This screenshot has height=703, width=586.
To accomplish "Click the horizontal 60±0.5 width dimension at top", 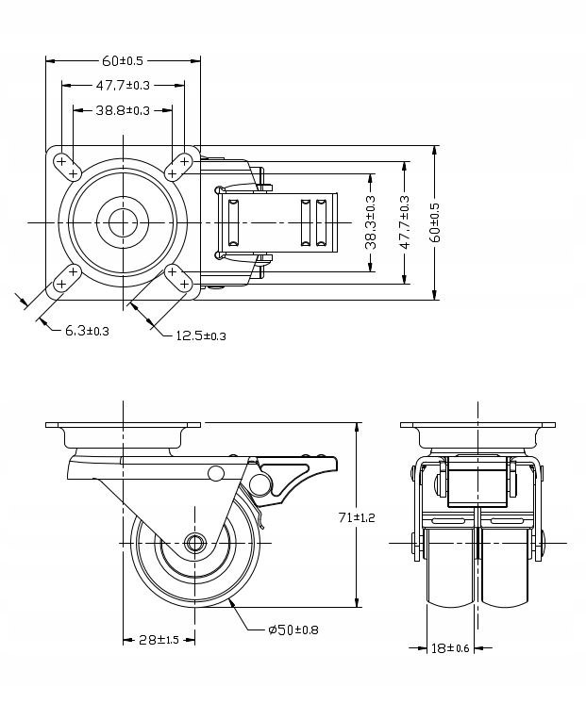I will [123, 61].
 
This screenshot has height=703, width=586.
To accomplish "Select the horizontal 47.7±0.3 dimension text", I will [123, 86].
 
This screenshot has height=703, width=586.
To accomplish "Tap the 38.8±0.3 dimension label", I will [123, 110].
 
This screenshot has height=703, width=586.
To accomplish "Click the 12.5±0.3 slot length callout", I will [200, 335].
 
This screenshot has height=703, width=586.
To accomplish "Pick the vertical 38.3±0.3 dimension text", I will [371, 222].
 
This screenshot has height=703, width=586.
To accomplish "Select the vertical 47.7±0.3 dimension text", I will [404, 222].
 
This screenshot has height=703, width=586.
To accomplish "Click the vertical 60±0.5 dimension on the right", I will [436, 222].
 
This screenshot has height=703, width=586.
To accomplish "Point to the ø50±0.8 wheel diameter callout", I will [292, 629].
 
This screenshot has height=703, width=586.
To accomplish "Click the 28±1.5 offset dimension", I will [159, 640].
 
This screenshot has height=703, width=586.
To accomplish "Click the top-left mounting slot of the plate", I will [67, 166].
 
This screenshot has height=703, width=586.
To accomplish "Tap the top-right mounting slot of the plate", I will [177, 166].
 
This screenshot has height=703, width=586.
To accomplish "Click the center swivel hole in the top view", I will [122, 222].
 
